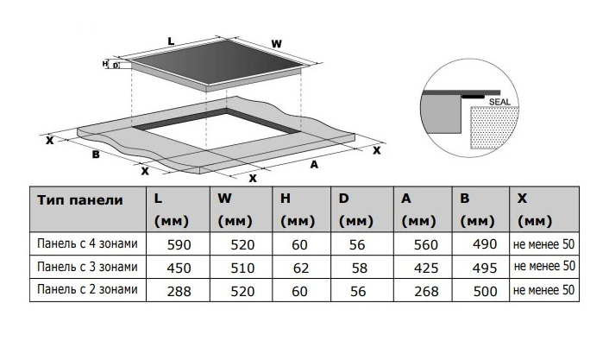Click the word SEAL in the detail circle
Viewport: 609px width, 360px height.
click(500, 102)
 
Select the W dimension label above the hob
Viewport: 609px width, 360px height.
click(276, 43)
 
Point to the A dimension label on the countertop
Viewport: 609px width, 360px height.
click(315, 163)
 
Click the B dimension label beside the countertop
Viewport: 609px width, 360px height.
click(96, 155)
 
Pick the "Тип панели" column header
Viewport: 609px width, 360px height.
click(79, 199)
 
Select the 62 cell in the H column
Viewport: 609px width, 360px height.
click(299, 268)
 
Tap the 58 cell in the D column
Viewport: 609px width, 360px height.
click(358, 268)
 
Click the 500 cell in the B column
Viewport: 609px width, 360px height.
click(485, 292)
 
